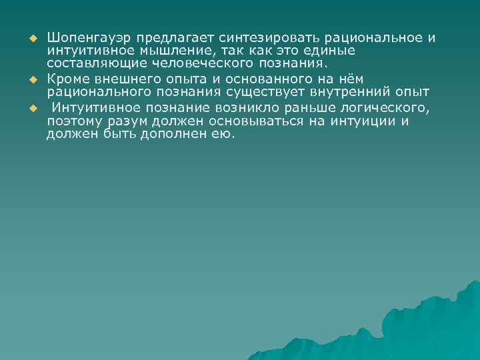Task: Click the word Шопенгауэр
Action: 85,37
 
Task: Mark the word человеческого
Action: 184,64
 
